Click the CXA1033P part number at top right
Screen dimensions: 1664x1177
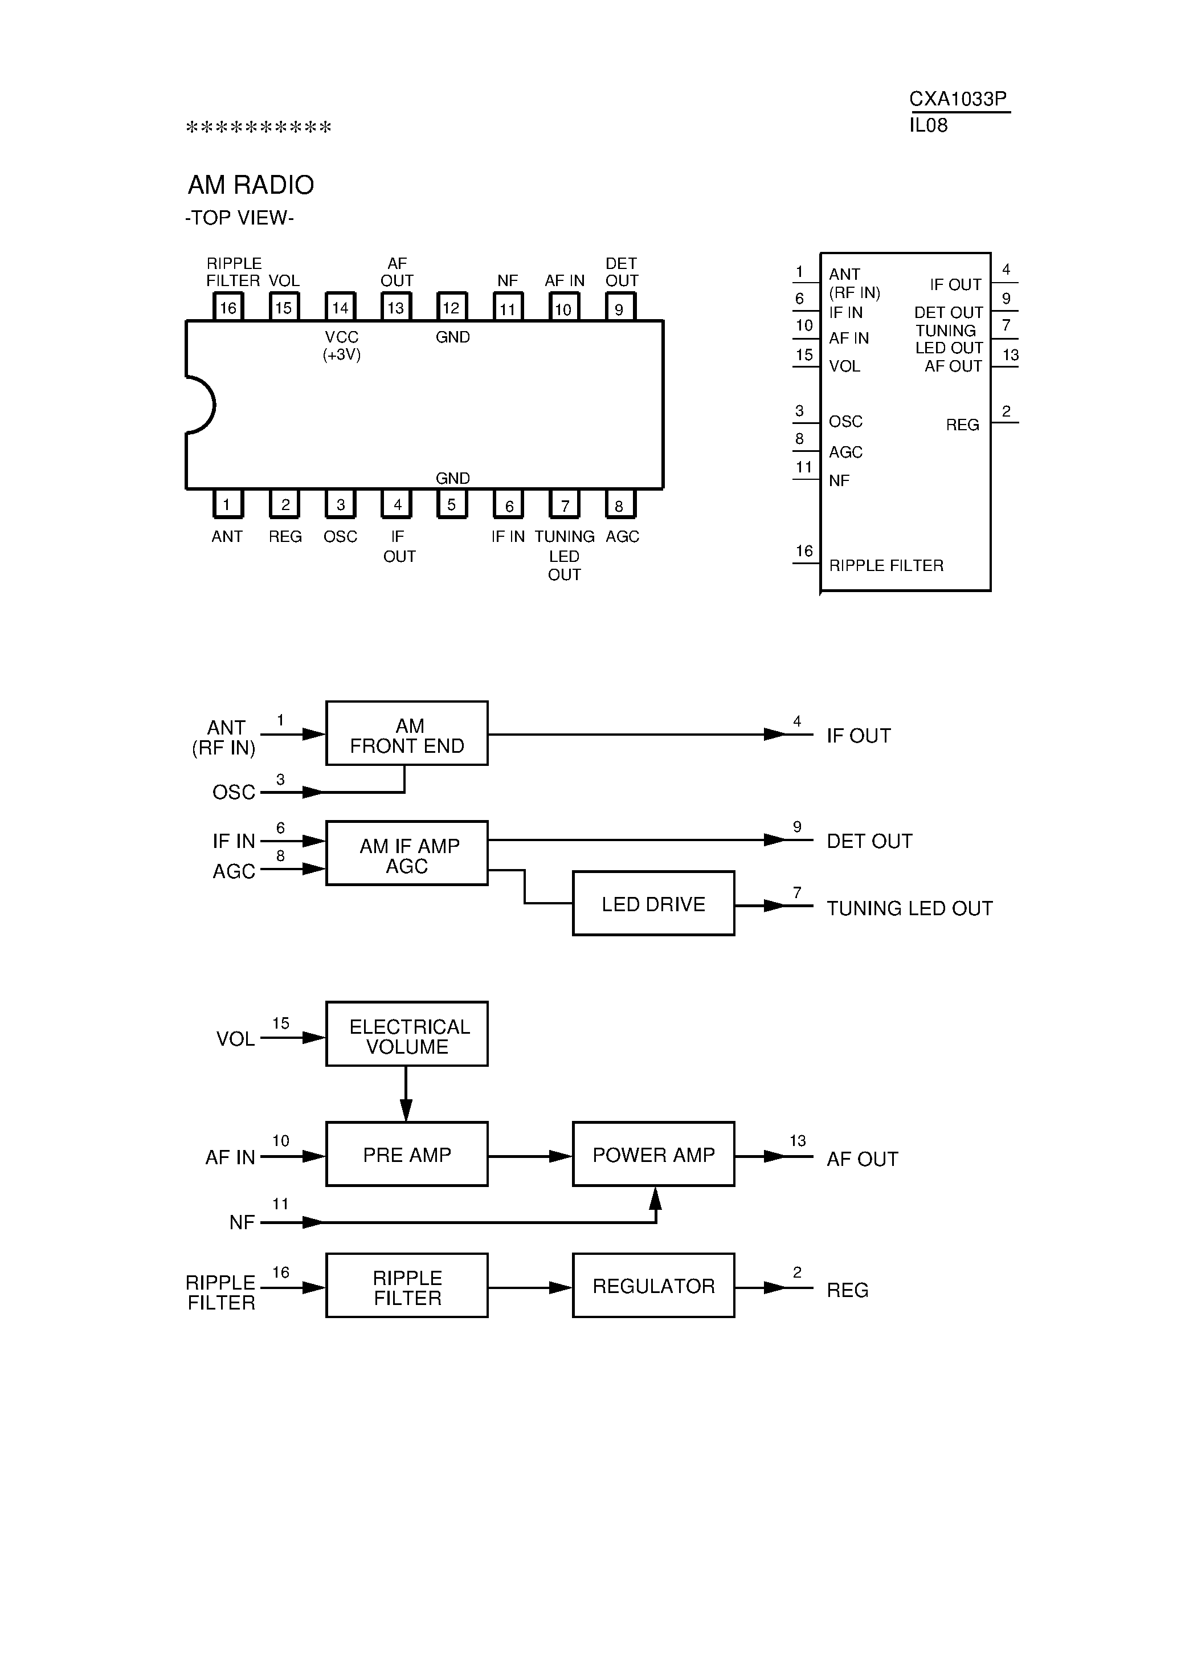(958, 99)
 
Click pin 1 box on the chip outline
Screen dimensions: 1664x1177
(227, 504)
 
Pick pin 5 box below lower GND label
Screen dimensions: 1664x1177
(452, 504)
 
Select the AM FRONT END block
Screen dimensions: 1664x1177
(407, 733)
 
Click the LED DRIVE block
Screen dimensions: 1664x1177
(653, 904)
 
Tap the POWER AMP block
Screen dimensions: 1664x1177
(653, 1155)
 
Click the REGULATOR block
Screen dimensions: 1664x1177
(653, 1286)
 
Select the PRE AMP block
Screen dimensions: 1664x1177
(407, 1155)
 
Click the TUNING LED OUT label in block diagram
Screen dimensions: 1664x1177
(909, 908)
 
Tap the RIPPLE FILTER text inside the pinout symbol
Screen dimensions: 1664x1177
(886, 565)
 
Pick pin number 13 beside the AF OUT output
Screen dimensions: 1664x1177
(797, 1141)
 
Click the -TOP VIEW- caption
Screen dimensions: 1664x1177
(239, 218)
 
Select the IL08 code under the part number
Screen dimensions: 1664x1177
(929, 125)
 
